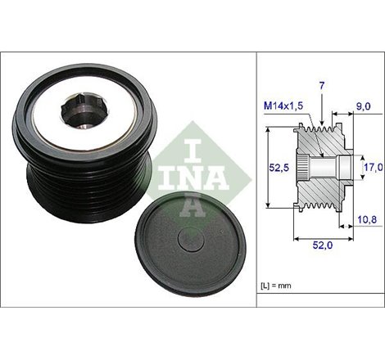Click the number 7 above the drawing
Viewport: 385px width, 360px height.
coord(322,86)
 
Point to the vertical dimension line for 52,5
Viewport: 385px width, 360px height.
coord(269,168)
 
